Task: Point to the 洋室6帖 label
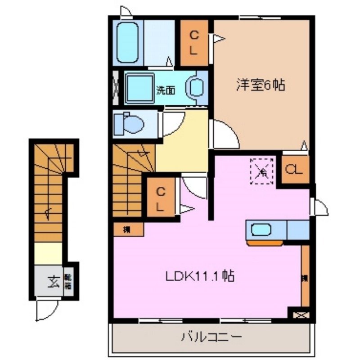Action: coord(261,85)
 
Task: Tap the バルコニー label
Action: coord(211,337)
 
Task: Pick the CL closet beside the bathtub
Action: coord(194,43)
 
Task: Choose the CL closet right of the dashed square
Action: coord(295,169)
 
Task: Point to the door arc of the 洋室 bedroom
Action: coord(223,134)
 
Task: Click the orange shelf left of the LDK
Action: coord(128,229)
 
